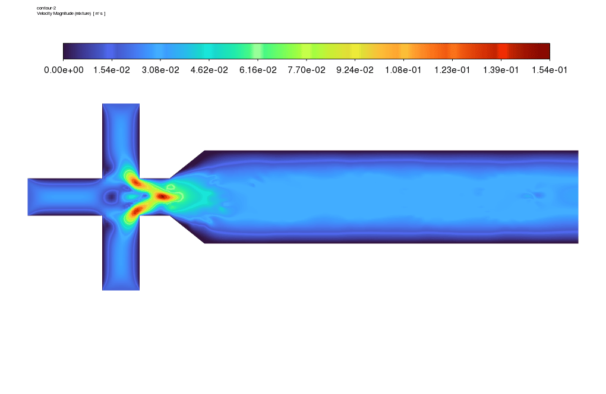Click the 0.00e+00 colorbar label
[64, 70]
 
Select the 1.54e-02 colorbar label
[112, 70]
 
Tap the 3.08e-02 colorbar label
[160, 70]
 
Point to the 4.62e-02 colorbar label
[209, 70]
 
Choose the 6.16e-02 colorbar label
[258, 70]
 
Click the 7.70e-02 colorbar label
[307, 70]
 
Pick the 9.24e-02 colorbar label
[355, 70]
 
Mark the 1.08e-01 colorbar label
[403, 70]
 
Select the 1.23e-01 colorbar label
[452, 70]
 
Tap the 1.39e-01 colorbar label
[501, 70]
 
